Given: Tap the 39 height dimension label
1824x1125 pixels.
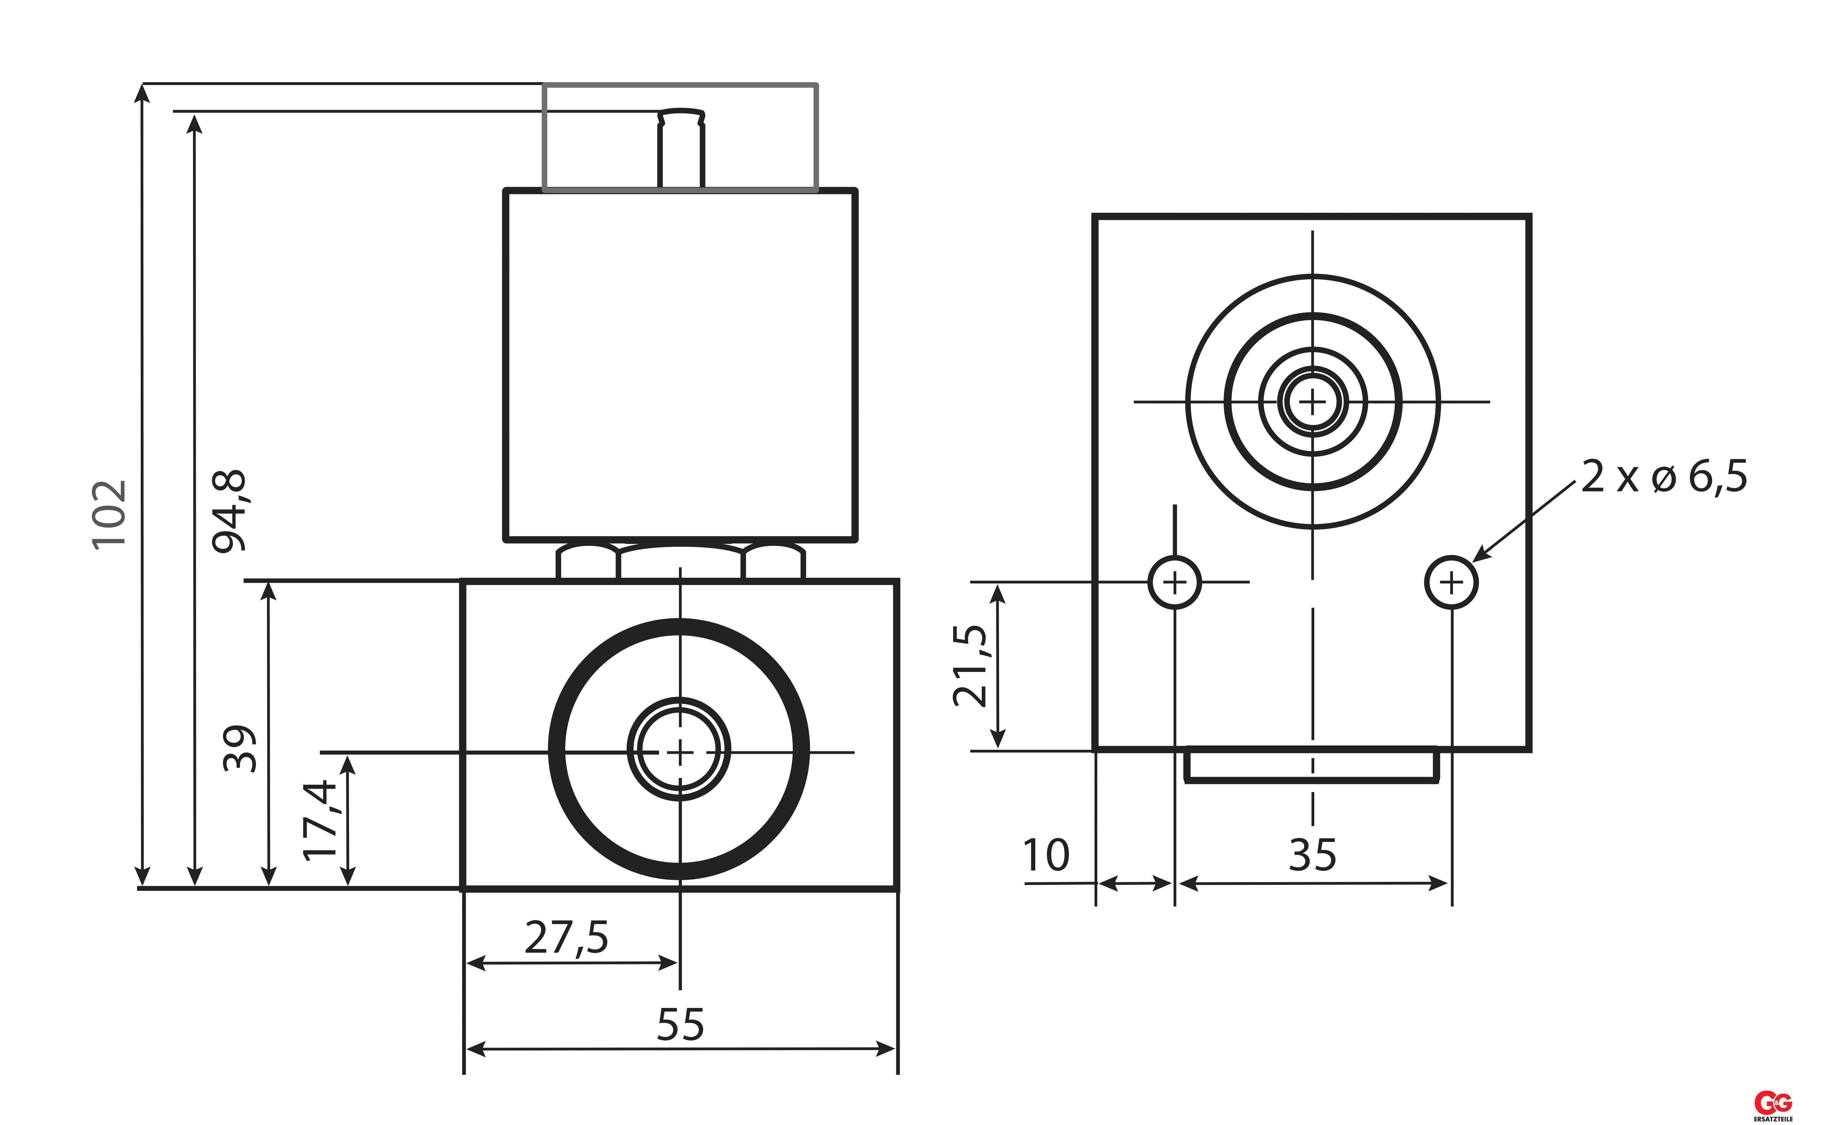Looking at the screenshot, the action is pos(240,748).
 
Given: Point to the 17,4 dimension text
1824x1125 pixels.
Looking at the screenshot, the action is pos(321,820).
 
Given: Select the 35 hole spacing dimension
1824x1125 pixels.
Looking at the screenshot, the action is pos(1313,855).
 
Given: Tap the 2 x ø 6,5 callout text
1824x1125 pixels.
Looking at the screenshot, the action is pos(1664,477).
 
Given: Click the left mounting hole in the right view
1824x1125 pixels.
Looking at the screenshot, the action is pos(1175,582).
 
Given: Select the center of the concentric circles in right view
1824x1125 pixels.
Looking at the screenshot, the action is pos(1313,402).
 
